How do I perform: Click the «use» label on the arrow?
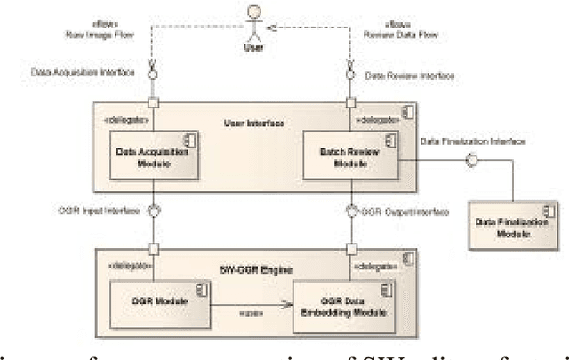pyautogui.click(x=250, y=311)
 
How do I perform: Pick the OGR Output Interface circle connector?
pyautogui.click(x=352, y=211)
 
